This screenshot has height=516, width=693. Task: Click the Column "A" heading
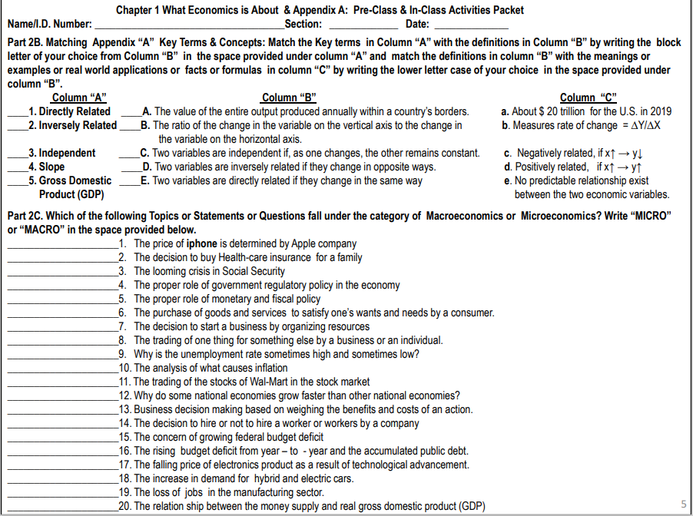pos(78,98)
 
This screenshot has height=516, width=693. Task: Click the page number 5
pos(683,504)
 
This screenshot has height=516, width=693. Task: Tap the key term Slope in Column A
pos(51,167)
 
